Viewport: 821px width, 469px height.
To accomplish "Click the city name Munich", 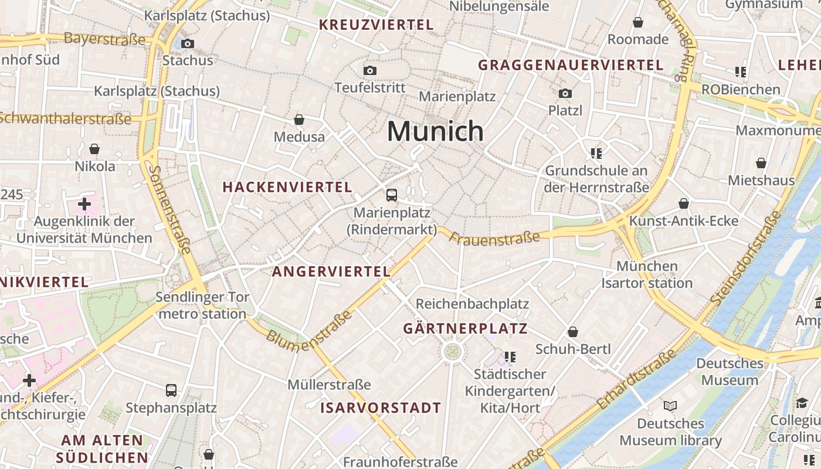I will pos(435,131).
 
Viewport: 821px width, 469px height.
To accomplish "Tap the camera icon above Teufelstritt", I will pos(369,71).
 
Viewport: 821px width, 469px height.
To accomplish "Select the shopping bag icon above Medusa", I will pos(299,120).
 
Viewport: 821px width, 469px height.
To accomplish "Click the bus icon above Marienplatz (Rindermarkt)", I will pos(392,195).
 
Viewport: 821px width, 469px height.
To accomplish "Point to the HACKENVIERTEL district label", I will pos(287,187).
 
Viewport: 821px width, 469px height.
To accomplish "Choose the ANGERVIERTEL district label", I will pos(331,271).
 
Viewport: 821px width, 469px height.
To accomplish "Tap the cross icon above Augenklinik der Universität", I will pos(84,204).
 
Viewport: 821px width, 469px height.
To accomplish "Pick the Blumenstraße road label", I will pos(309,332).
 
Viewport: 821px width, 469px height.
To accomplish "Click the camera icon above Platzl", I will pos(565,93).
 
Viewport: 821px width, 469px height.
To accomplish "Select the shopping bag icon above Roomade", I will pos(638,23).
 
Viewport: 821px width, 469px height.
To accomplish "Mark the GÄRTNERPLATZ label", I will pos(466,329).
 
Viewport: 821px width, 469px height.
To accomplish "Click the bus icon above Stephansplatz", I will pos(171,390).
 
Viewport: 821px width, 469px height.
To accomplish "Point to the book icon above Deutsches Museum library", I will pos(670,406).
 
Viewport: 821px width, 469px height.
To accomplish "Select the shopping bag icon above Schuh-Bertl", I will pos(573,332).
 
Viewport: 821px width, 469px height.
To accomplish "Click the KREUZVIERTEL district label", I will pos(376,25).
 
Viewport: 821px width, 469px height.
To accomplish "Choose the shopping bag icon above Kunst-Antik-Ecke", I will pos(684,204).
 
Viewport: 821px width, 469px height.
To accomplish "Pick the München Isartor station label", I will pos(647,274).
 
